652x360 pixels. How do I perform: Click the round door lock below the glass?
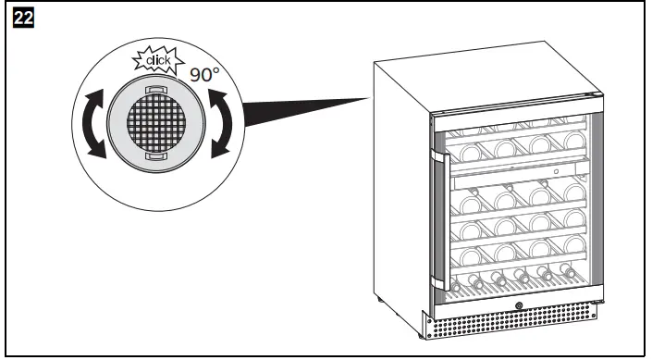tap(518, 306)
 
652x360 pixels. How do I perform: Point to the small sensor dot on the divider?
tap(556, 170)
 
